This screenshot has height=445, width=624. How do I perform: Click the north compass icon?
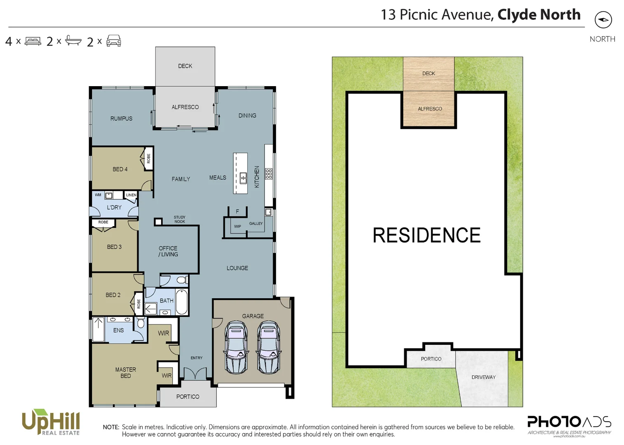click(x=603, y=20)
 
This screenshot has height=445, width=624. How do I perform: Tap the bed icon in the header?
click(x=33, y=41)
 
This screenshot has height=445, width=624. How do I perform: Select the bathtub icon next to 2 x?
click(x=73, y=41)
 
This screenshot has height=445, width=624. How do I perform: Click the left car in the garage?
click(x=236, y=347)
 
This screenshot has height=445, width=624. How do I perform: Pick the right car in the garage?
click(x=268, y=347)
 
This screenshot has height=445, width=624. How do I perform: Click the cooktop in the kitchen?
click(x=268, y=174)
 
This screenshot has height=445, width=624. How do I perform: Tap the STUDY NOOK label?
click(x=179, y=219)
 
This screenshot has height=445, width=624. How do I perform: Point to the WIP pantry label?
click(x=238, y=226)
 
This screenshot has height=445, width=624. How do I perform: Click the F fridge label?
click(x=237, y=211)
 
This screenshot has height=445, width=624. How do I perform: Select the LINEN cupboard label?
click(x=131, y=195)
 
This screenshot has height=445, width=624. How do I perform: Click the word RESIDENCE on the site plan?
click(x=426, y=235)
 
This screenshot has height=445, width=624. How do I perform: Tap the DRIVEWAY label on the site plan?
click(x=483, y=377)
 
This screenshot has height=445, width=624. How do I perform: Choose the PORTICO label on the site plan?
click(x=431, y=359)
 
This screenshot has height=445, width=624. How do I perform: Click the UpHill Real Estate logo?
click(x=51, y=422)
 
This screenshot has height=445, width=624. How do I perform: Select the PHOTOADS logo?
click(x=569, y=424)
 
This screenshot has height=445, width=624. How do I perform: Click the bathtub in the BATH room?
click(x=181, y=302)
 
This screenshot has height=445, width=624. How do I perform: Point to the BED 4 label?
click(x=120, y=169)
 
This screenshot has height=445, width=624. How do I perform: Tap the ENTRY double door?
click(x=195, y=374)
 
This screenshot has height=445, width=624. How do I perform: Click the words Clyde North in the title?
click(x=539, y=14)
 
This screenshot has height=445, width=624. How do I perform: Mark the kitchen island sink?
click(x=243, y=178)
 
